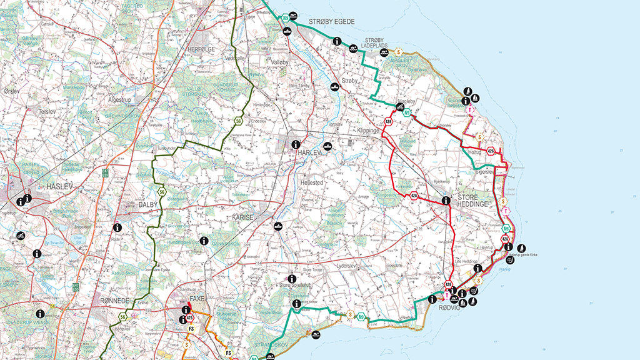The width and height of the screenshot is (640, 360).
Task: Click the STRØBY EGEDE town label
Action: [x=331, y=22]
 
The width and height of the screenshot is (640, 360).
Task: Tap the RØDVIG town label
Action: [x=449, y=307]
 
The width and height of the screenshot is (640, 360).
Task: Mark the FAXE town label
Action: [x=197, y=299]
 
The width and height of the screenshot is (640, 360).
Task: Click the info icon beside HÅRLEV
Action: [x=297, y=144]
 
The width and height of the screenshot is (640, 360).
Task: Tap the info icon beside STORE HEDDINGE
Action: [x=446, y=201]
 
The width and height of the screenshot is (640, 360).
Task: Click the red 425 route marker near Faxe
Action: [x=189, y=317]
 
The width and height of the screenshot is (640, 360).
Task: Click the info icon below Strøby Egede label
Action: [x=337, y=41]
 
